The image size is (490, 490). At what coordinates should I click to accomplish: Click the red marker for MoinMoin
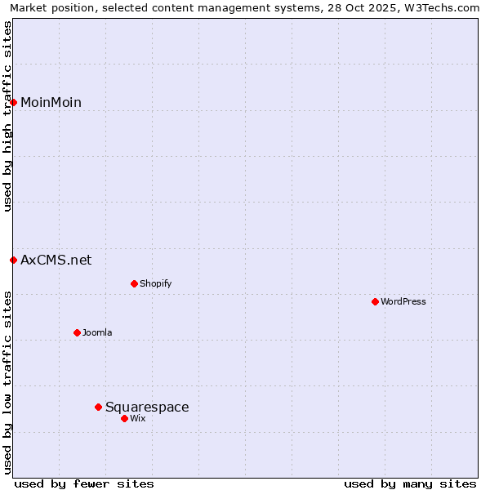(x=14, y=102)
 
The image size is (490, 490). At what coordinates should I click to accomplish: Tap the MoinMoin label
(x=51, y=102)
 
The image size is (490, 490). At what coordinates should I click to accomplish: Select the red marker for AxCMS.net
(x=14, y=261)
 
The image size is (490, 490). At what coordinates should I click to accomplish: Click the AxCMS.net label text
(x=56, y=261)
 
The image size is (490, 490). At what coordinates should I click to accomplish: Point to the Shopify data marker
(x=134, y=284)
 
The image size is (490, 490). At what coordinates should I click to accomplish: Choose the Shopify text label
(x=155, y=284)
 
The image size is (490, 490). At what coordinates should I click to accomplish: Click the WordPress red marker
(x=375, y=302)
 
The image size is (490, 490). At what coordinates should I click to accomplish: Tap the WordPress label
(x=403, y=302)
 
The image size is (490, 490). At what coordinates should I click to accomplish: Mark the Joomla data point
(x=77, y=332)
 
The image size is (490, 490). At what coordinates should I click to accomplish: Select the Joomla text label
(x=97, y=333)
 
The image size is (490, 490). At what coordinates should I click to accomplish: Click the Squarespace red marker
(x=98, y=407)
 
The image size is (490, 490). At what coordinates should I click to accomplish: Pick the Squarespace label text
(x=147, y=407)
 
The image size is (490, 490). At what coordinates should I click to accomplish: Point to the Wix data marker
(x=124, y=418)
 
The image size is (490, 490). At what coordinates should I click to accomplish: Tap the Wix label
(x=138, y=419)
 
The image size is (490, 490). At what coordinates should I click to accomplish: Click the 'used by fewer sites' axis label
(x=84, y=483)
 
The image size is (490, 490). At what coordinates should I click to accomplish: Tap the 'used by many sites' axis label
(x=410, y=483)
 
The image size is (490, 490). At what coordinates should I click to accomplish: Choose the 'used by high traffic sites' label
(x=8, y=116)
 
